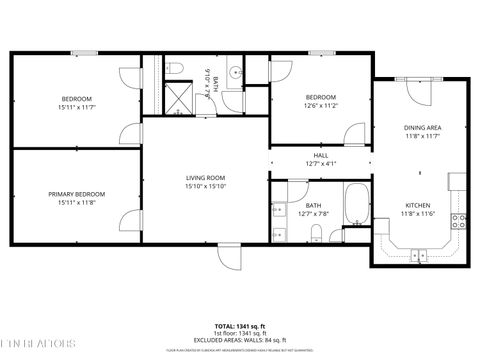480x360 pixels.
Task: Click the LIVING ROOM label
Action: (x=205, y=177)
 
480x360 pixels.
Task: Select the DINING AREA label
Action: (x=421, y=128)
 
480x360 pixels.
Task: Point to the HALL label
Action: (x=320, y=155)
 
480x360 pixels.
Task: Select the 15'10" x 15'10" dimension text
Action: (x=205, y=186)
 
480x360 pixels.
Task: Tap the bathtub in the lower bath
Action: (x=355, y=206)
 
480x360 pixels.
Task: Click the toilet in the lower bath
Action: (x=316, y=233)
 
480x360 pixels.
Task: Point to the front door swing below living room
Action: (x=229, y=256)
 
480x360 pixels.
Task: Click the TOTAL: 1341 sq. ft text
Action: (x=239, y=326)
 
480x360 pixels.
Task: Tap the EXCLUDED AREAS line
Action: (x=239, y=341)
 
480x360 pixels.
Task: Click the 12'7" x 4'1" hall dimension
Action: (x=320, y=164)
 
